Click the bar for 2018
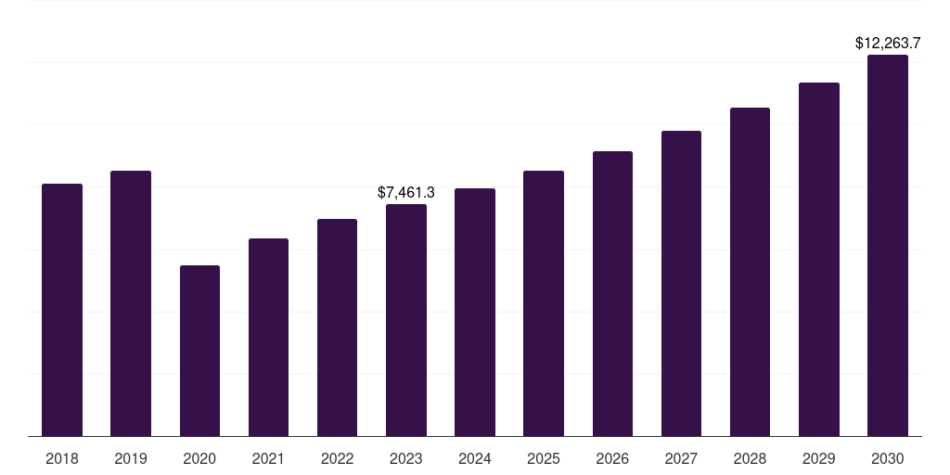(62, 310)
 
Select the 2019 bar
(131, 303)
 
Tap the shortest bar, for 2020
(200, 351)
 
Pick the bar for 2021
(268, 338)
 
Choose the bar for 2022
(337, 327)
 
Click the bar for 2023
(406, 320)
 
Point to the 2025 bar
(544, 303)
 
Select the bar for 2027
(681, 284)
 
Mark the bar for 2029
(818, 260)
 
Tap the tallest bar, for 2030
(888, 245)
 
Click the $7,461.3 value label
(406, 193)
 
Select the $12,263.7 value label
(888, 43)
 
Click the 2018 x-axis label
(62, 458)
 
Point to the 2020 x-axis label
(200, 458)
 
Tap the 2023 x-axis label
(406, 458)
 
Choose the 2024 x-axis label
(475, 458)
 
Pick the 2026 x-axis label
(612, 458)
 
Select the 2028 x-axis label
(750, 458)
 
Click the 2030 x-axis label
(888, 458)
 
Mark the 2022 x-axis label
(337, 458)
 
